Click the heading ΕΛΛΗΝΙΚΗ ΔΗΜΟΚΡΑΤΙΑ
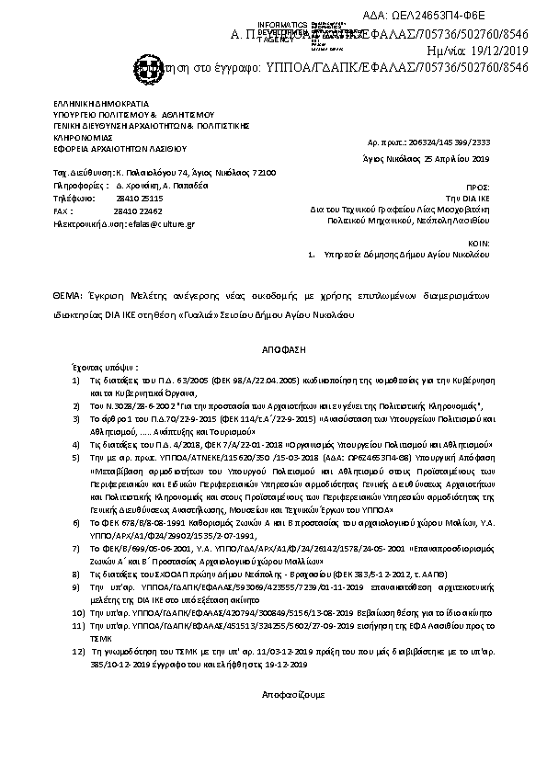pos(94,104)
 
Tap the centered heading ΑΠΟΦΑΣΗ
pos(273,350)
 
